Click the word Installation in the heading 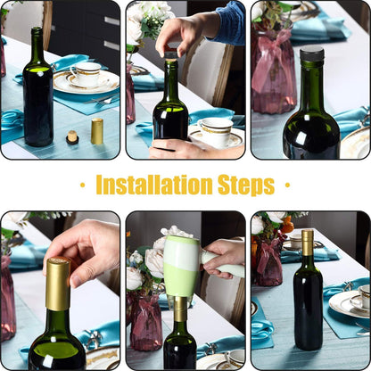coord(154,185)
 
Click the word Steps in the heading coord(246,185)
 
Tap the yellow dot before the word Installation coord(83,185)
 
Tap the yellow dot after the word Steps coord(287,185)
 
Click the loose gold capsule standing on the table coord(97,131)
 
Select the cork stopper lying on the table coord(72,137)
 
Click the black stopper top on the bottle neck coord(311,54)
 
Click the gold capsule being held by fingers coord(58,284)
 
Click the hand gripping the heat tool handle coord(225,259)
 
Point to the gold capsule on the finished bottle coord(308,243)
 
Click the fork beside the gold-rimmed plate coord(101,99)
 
